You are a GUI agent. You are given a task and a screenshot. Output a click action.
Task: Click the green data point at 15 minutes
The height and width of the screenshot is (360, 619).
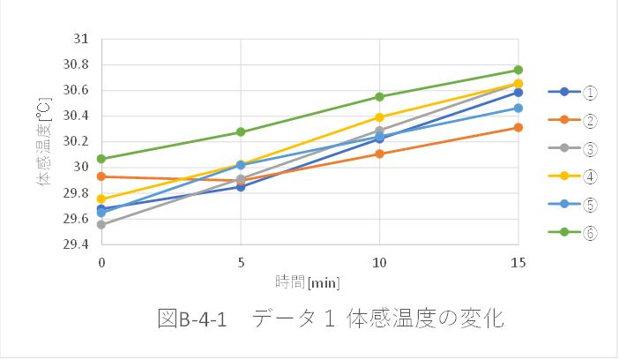click(518, 70)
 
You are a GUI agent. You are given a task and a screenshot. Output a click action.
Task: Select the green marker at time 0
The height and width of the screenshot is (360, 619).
click(101, 159)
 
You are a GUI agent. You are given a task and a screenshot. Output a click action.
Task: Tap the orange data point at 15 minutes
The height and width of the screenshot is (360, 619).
click(518, 127)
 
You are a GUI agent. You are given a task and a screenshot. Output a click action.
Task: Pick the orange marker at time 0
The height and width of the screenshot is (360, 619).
click(101, 176)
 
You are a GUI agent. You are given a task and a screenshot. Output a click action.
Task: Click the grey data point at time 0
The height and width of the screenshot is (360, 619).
click(101, 224)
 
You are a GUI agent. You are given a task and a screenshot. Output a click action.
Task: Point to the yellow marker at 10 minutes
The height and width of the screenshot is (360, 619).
click(379, 116)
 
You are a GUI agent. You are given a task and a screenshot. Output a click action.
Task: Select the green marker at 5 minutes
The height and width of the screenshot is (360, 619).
click(241, 131)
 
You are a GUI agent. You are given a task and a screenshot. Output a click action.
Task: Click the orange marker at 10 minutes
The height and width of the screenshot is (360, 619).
click(379, 154)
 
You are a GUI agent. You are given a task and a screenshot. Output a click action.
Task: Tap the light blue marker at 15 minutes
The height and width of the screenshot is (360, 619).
click(518, 108)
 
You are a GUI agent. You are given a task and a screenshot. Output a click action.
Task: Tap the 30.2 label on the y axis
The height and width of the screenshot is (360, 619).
click(77, 141)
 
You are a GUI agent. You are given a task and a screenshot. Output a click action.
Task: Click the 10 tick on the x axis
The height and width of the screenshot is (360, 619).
click(379, 262)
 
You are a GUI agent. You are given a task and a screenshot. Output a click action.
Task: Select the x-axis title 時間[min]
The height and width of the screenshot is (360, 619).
click(308, 281)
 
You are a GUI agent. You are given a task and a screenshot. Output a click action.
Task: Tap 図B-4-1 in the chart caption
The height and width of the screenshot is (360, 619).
click(193, 319)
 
